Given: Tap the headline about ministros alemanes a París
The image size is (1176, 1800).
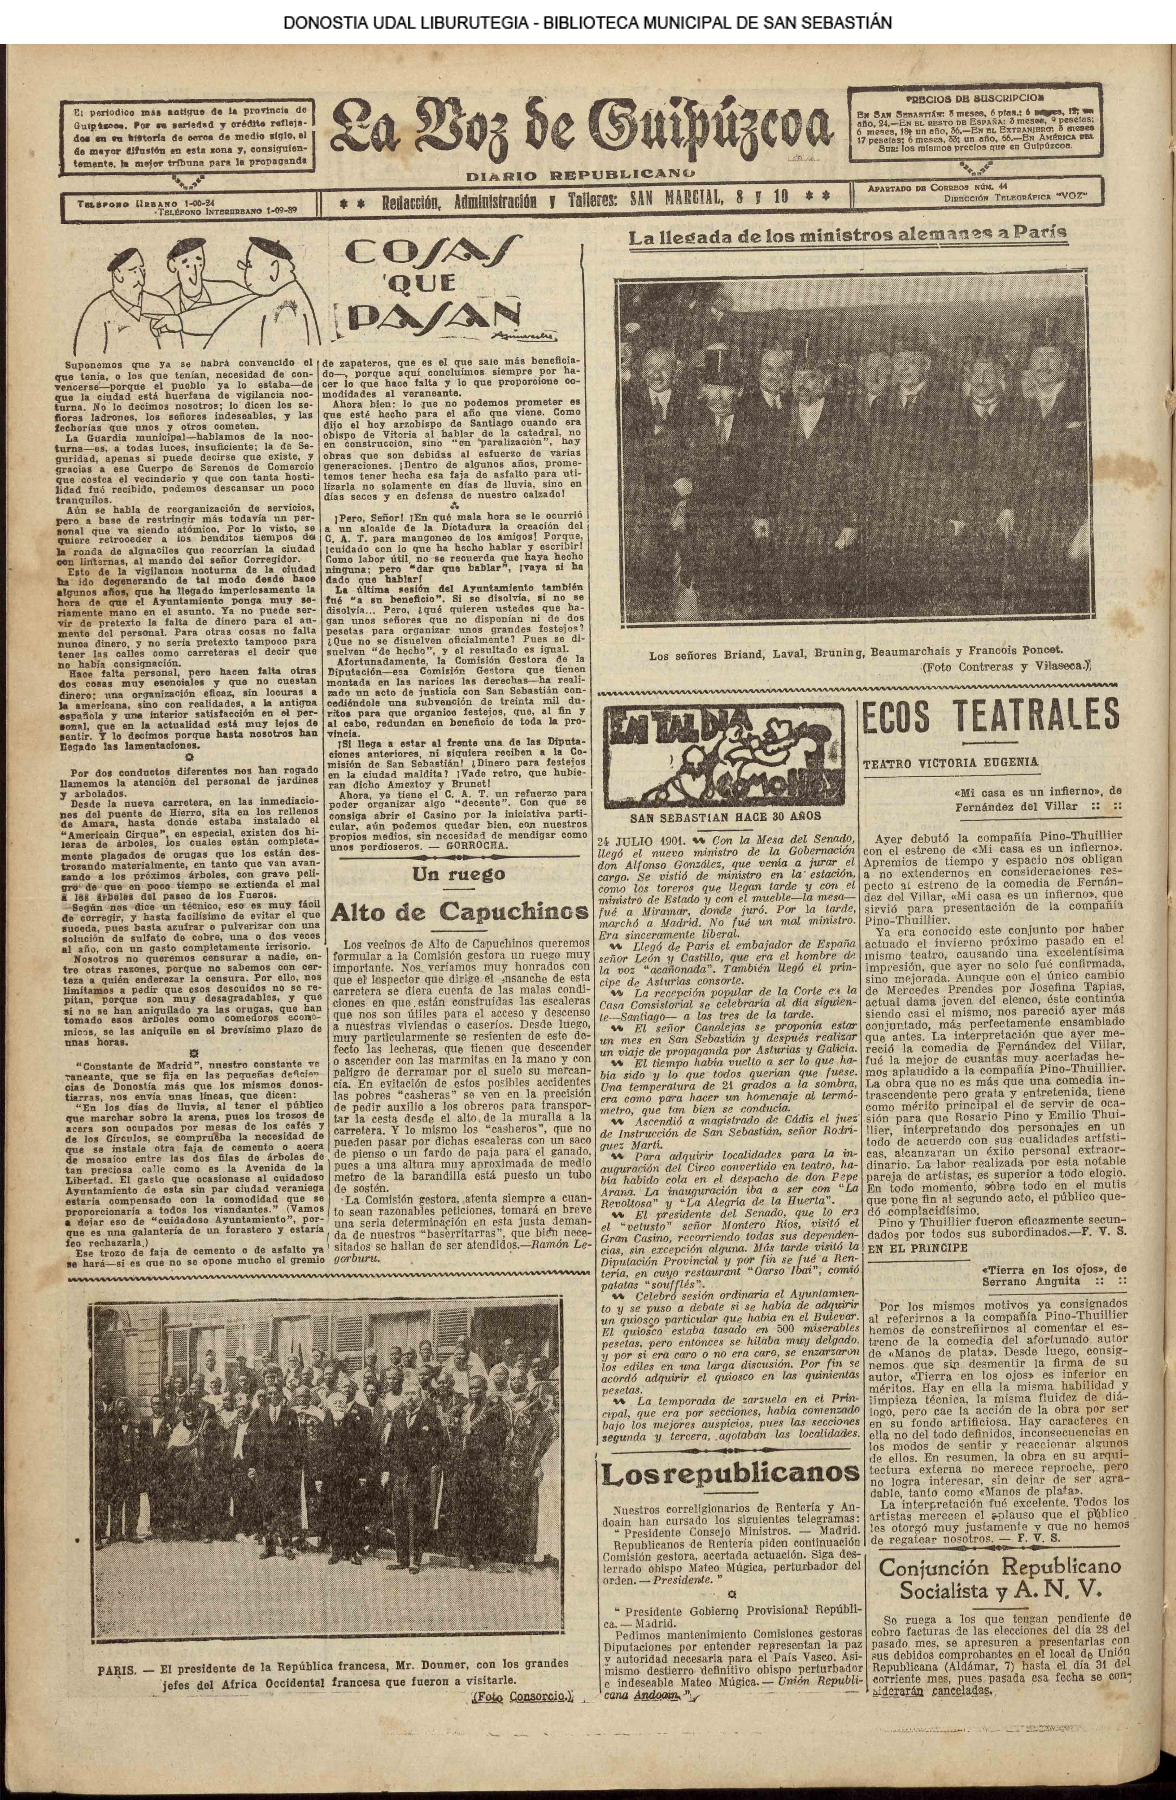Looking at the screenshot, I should [x=848, y=234].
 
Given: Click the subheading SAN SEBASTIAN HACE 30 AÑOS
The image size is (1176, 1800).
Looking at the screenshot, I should [x=725, y=817].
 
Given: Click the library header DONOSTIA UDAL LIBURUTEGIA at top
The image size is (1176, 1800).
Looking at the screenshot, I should [x=588, y=22].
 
